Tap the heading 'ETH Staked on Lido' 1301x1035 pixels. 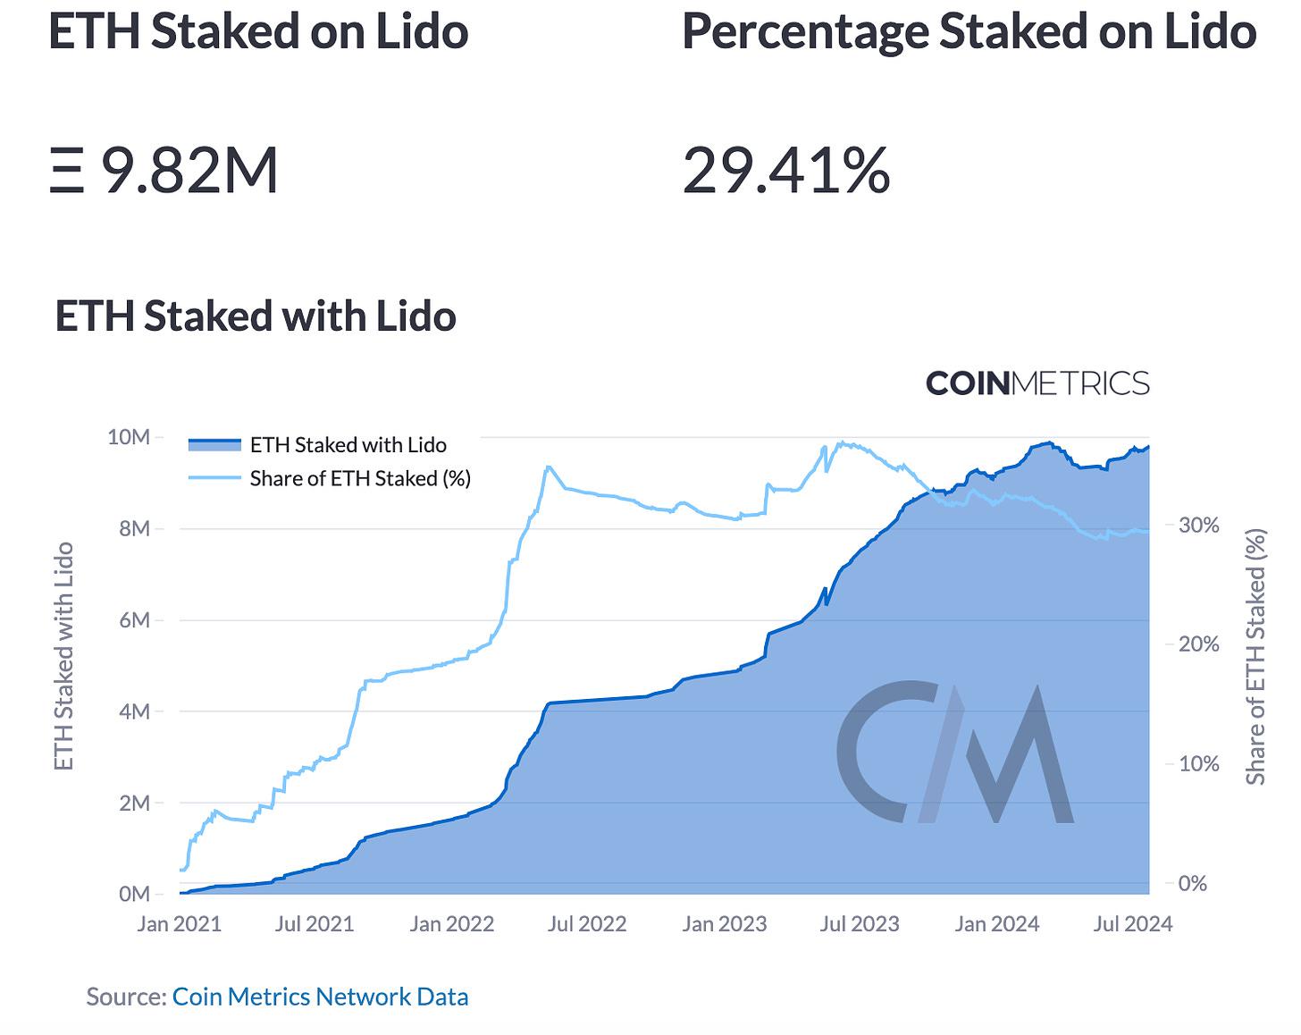pos(258,31)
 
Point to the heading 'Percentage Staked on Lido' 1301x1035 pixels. pos(969,31)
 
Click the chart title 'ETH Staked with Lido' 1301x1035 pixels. pos(256,316)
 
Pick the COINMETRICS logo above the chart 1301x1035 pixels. pos(1037,383)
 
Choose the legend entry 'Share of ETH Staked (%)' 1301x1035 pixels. pos(359,478)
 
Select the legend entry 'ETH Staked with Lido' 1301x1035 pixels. pos(348,444)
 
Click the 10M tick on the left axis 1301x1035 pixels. pos(128,437)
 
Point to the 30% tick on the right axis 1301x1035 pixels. pos(1198,525)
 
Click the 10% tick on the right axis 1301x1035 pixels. pos(1198,763)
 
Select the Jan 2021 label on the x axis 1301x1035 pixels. pos(179,923)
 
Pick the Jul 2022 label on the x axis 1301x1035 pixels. pos(587,923)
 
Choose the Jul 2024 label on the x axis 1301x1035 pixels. pos(1132,923)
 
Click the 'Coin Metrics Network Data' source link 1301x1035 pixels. pos(320,997)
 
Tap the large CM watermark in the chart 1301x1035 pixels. pos(954,753)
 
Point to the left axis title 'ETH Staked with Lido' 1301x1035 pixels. pos(63,657)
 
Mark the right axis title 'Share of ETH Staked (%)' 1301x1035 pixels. pos(1256,657)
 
